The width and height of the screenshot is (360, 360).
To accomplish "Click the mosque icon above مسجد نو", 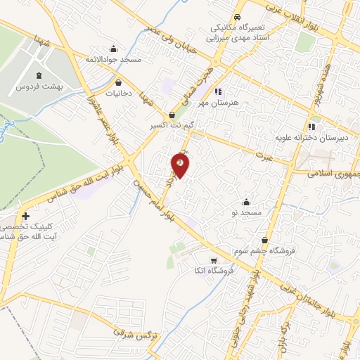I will point(246,202).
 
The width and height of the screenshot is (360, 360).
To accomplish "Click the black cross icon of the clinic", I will point(26,217).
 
